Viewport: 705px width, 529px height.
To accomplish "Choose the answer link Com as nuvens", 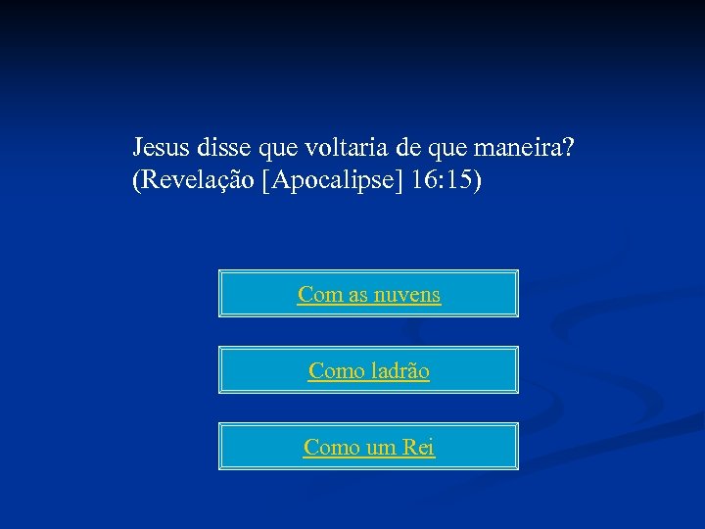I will (369, 294).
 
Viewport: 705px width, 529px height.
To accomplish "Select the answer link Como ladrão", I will (369, 371).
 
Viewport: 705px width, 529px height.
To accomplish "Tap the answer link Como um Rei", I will (369, 448).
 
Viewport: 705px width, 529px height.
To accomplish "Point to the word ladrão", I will (399, 371).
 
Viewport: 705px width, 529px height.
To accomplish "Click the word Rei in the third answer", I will (417, 448).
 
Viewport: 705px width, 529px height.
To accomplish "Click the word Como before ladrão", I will (335, 371).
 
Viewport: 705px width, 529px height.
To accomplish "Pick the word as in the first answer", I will (358, 294).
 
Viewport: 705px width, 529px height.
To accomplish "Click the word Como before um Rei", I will (330, 448).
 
